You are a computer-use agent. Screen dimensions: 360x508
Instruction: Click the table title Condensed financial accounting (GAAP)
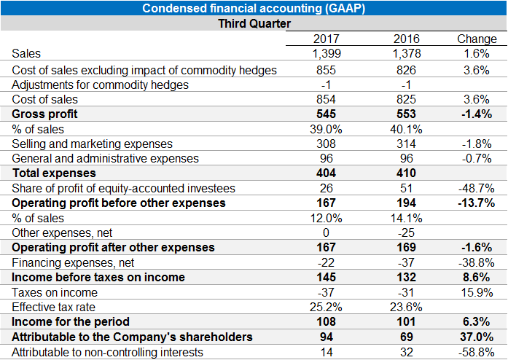[254, 8]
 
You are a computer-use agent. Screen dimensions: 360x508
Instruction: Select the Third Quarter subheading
[254, 23]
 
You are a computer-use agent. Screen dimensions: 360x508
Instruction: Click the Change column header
[476, 39]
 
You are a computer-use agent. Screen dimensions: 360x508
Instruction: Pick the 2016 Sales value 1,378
[407, 53]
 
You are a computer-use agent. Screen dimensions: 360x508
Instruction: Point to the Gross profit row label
[44, 114]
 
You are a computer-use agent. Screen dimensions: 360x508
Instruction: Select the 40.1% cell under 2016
[407, 129]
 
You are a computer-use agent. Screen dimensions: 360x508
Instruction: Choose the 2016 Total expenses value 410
[407, 173]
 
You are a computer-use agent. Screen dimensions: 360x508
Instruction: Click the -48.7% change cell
[476, 188]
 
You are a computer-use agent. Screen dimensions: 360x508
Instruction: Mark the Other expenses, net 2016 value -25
[407, 232]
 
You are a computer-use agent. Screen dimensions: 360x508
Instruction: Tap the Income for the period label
[71, 321]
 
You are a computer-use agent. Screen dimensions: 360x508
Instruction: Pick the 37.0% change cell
[476, 337]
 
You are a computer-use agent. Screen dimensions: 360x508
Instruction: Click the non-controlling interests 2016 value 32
[407, 352]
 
